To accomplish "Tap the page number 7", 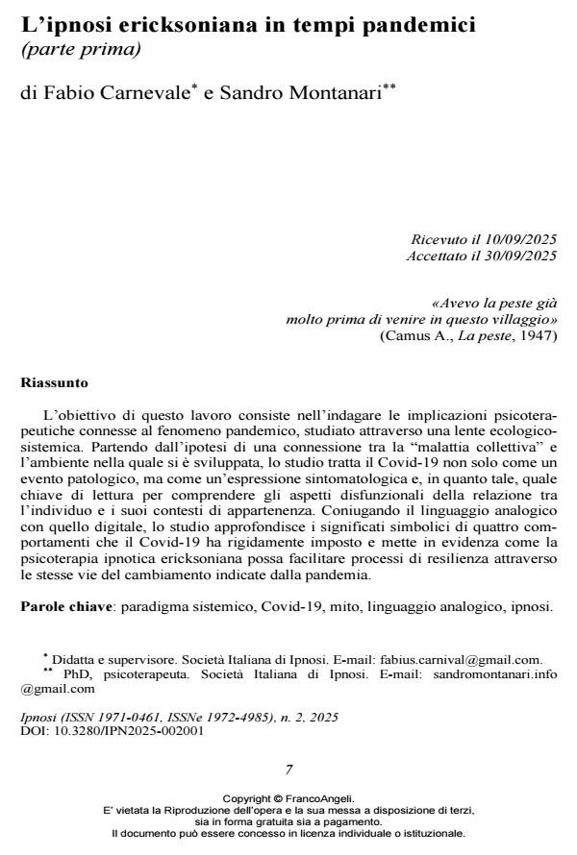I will pyautogui.click(x=288, y=769).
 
